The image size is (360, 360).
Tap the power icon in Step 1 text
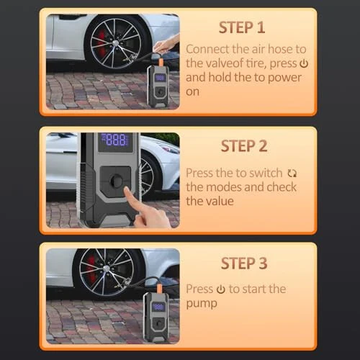tap(303, 63)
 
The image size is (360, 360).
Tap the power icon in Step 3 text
tap(220, 289)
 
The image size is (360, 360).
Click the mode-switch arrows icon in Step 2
tap(292, 174)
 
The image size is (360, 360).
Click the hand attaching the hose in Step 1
tap(166, 45)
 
